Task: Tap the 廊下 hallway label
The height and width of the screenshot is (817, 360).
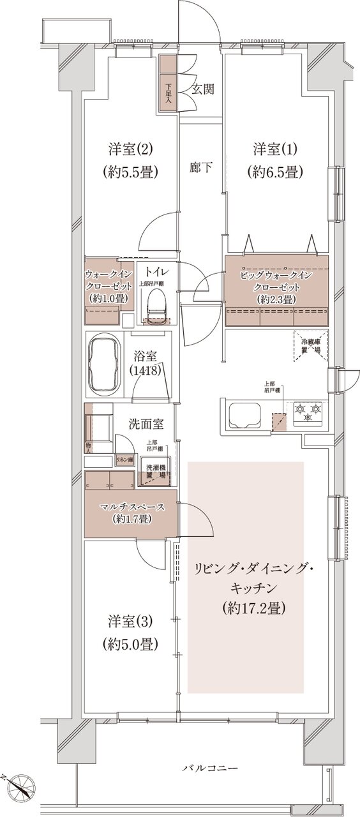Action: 201,168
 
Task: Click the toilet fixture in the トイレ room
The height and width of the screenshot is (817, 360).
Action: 156,305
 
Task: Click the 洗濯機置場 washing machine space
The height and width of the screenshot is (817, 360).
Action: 155,472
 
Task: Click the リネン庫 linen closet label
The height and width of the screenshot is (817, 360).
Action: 123,459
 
